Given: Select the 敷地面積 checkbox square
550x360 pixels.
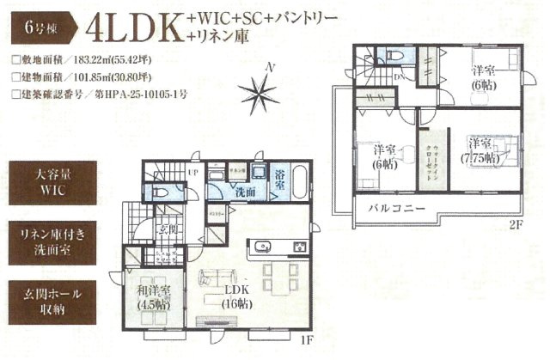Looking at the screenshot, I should (x=15, y=61).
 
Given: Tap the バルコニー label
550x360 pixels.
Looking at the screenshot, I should (x=393, y=209).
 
